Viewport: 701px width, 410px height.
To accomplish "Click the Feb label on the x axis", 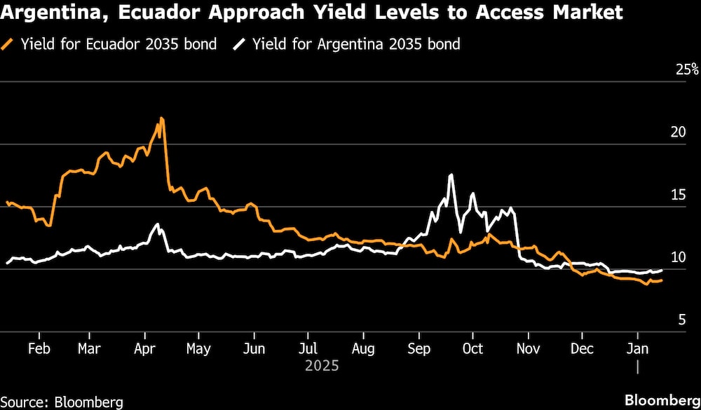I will tap(39, 349).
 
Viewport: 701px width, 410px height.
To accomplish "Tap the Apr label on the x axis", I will tap(145, 349).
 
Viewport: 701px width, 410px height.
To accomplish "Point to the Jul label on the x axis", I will tap(308, 349).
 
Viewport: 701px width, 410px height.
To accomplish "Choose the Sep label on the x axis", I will tap(418, 349).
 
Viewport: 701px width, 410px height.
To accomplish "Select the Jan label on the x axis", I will tap(637, 349).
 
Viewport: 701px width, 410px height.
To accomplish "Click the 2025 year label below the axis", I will tap(322, 366).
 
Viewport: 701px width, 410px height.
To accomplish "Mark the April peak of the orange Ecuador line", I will tap(162, 118).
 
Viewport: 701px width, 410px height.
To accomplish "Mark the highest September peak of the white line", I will tap(451, 175).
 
